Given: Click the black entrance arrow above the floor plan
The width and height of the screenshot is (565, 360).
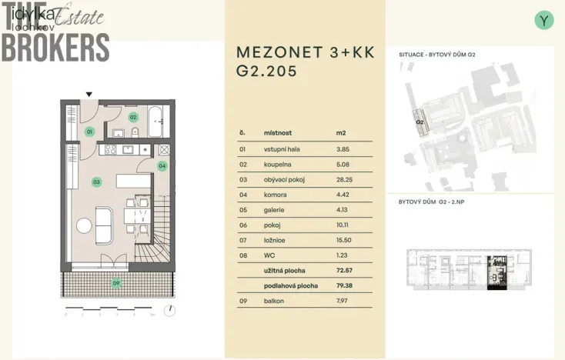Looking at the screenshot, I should (89, 95).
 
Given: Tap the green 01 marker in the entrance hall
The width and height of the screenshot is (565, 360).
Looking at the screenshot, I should (89, 132).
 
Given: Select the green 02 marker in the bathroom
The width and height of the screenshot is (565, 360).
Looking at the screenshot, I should (132, 118).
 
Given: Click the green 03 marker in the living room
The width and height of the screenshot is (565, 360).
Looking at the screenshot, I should (96, 182).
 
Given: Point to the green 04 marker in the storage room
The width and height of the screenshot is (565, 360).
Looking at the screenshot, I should (162, 165).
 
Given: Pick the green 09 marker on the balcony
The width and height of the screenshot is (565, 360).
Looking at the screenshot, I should (116, 284).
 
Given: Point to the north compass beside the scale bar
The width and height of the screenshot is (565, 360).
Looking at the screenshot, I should (169, 311).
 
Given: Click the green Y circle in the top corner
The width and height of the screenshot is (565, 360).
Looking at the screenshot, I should (544, 21).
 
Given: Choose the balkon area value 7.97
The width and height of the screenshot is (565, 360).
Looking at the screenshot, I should (343, 301).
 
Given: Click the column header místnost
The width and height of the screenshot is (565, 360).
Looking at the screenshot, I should (277, 133).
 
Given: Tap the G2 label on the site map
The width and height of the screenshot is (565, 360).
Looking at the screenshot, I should (420, 122).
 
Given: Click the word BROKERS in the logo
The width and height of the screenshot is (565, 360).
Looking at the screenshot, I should (55, 48).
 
